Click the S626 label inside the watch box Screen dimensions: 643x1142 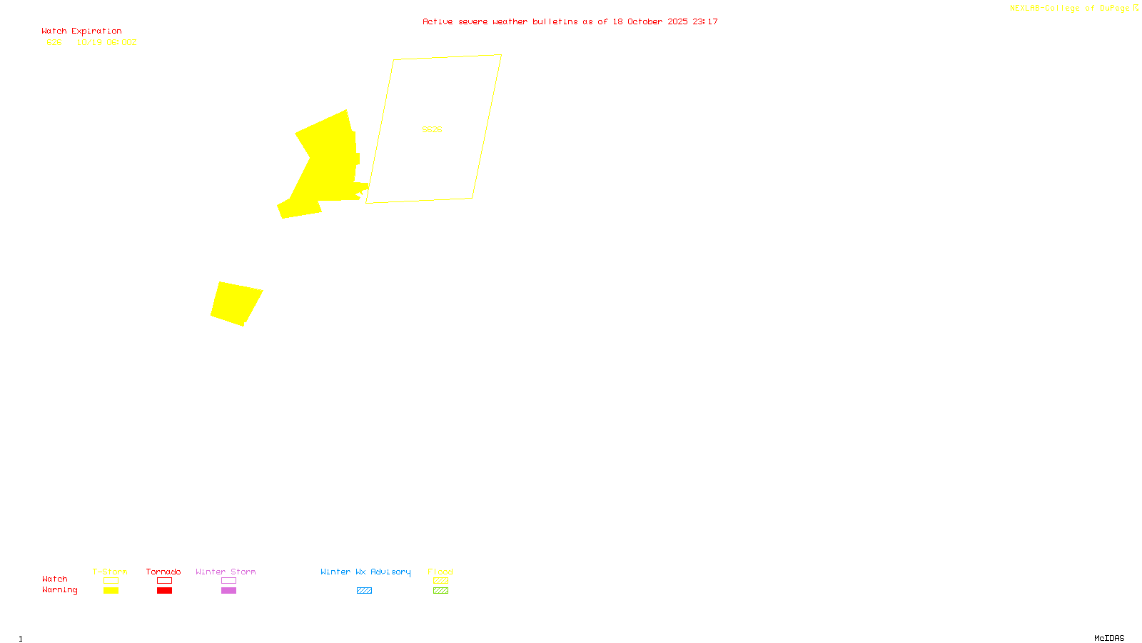[x=432, y=129]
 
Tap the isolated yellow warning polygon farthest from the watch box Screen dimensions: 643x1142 [x=236, y=304]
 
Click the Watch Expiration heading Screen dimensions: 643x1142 [x=81, y=31]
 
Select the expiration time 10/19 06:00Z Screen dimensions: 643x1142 [x=106, y=43]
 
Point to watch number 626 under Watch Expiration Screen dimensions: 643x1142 [x=54, y=43]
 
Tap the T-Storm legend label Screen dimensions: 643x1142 [x=110, y=572]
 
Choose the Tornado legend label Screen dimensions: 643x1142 [x=163, y=572]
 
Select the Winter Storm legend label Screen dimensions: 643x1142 [x=226, y=572]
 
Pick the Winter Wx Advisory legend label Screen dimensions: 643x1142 [x=365, y=572]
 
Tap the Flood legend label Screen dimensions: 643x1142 [x=440, y=572]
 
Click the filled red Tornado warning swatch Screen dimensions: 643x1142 [x=164, y=591]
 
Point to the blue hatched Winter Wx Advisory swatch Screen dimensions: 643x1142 [x=364, y=591]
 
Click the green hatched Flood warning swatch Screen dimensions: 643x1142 [x=440, y=591]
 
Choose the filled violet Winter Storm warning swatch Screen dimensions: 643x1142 [x=228, y=591]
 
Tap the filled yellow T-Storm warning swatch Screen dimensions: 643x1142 [x=111, y=591]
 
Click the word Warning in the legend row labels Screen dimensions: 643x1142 [x=59, y=590]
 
